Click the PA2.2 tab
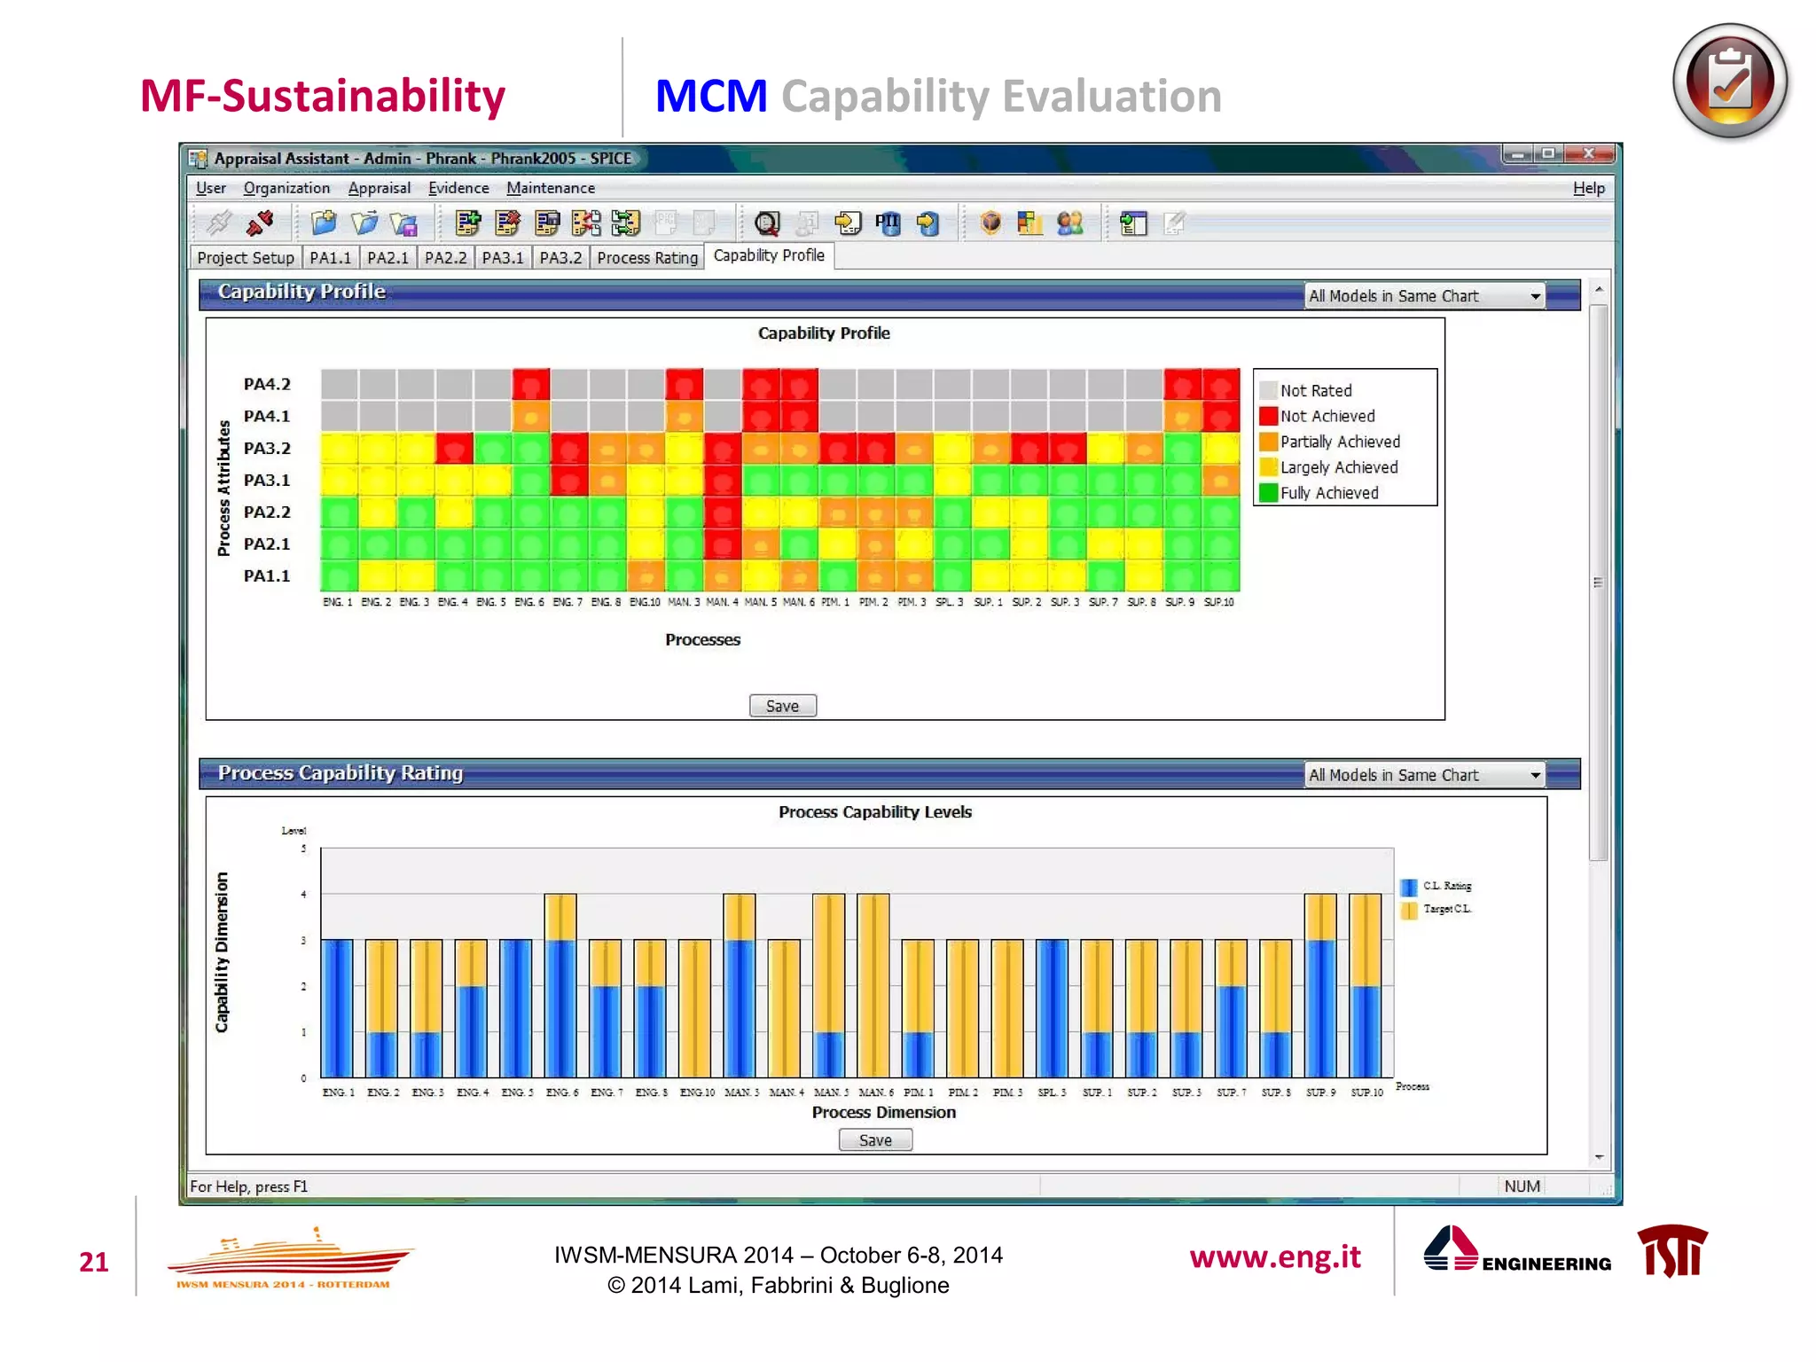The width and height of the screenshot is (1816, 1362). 445,258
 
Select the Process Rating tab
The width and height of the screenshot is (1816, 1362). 647,258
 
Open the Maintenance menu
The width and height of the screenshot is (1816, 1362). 550,188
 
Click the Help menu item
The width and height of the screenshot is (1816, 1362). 1588,188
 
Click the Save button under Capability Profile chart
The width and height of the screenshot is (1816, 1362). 782,706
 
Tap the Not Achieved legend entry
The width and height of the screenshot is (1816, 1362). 1327,416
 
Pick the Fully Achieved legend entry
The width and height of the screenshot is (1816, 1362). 1328,493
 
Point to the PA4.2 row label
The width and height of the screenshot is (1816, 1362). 267,384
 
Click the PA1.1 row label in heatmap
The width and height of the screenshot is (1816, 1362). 267,575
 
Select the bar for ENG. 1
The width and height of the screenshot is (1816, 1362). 338,1008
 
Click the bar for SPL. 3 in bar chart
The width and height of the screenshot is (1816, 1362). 1052,1008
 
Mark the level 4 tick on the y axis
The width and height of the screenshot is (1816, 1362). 303,894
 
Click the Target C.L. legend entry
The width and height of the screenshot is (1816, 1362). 1446,909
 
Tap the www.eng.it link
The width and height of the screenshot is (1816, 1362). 1274,1256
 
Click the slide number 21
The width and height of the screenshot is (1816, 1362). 94,1262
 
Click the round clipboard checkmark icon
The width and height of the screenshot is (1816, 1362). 1729,82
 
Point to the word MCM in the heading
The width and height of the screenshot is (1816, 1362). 711,96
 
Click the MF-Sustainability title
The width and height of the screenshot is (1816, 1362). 323,96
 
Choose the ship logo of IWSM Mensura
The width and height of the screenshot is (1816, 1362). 288,1256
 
